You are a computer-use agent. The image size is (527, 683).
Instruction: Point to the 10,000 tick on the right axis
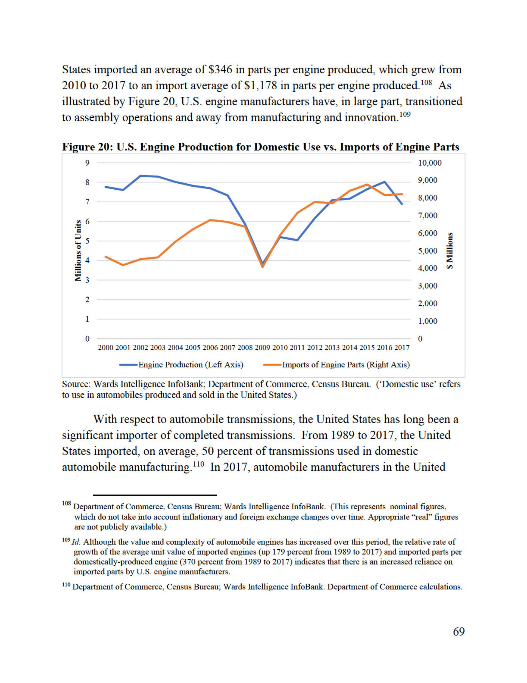pyautogui.click(x=430, y=163)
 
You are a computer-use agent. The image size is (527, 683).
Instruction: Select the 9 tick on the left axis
pyautogui.click(x=88, y=163)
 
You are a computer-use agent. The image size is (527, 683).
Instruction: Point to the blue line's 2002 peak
pyautogui.click(x=141, y=176)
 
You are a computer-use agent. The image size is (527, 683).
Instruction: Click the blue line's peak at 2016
pyautogui.click(x=384, y=182)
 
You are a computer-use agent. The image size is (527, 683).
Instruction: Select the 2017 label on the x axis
pyautogui.click(x=402, y=347)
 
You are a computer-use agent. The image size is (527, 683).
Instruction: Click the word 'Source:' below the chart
pyautogui.click(x=77, y=384)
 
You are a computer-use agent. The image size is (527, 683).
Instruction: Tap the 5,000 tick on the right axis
pyautogui.click(x=428, y=251)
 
